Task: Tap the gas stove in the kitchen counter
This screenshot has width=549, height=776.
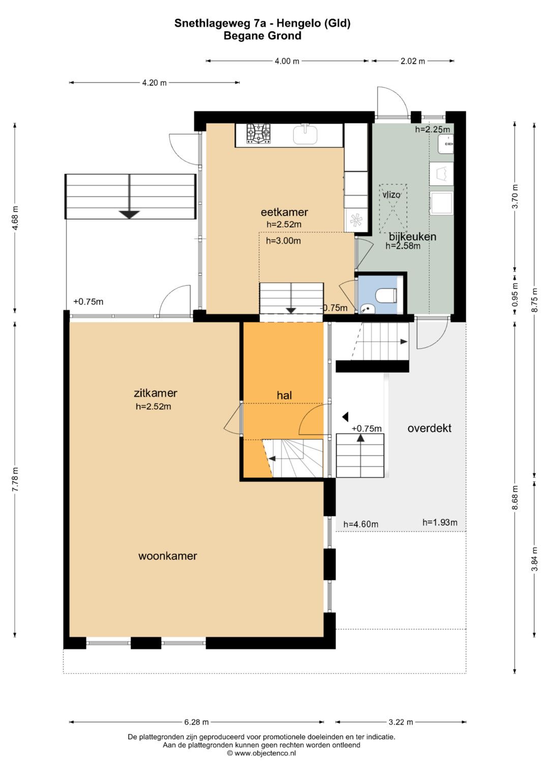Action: tap(258, 134)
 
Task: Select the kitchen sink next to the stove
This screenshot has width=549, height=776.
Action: tap(306, 134)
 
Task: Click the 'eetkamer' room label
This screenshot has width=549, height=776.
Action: tap(284, 212)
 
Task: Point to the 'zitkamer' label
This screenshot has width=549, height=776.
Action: tap(155, 393)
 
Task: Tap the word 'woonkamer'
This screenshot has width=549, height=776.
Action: tap(168, 556)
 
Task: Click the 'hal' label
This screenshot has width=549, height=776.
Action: tap(284, 395)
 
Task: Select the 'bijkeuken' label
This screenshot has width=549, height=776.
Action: tap(412, 237)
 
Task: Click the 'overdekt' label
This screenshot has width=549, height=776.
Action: tap(430, 428)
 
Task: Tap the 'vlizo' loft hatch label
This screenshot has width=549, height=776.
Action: tap(391, 195)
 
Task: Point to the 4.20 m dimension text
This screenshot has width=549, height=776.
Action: tap(154, 82)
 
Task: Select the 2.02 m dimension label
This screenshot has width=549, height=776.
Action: tap(413, 61)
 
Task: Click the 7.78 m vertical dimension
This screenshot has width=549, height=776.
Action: tap(15, 479)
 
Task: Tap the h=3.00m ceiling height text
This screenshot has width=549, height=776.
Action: tap(283, 241)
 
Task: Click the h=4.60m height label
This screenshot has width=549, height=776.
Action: tap(361, 524)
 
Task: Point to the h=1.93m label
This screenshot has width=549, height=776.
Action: tap(440, 522)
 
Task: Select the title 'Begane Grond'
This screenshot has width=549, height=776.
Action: tap(262, 36)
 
